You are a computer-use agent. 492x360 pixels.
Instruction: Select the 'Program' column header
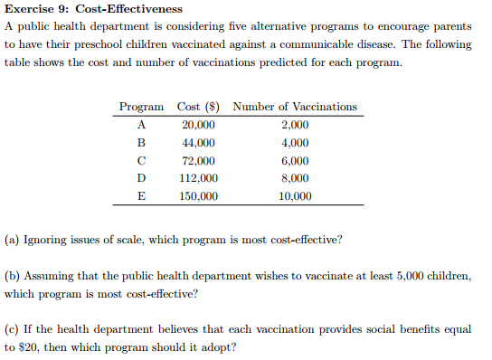click(141, 107)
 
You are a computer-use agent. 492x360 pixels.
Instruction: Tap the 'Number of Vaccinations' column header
click(295, 107)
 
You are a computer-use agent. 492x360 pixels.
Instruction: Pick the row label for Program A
click(141, 125)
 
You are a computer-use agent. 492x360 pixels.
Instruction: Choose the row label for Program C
click(141, 160)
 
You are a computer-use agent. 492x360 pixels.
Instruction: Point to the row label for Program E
click(141, 195)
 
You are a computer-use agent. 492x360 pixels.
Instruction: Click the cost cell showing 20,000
click(198, 125)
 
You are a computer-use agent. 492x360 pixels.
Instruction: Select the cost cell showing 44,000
click(198, 143)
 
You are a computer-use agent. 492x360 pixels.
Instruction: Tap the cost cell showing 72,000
click(198, 160)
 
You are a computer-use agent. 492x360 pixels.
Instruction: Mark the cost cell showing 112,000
click(198, 178)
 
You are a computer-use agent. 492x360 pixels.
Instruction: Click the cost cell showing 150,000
click(198, 195)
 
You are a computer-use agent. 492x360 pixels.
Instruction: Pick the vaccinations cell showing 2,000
click(295, 125)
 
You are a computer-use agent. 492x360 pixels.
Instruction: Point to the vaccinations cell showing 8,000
click(295, 178)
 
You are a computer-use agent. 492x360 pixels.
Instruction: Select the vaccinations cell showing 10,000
click(295, 195)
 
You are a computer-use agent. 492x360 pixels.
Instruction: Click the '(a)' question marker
click(13, 241)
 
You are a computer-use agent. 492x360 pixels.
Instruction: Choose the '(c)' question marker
click(13, 329)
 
